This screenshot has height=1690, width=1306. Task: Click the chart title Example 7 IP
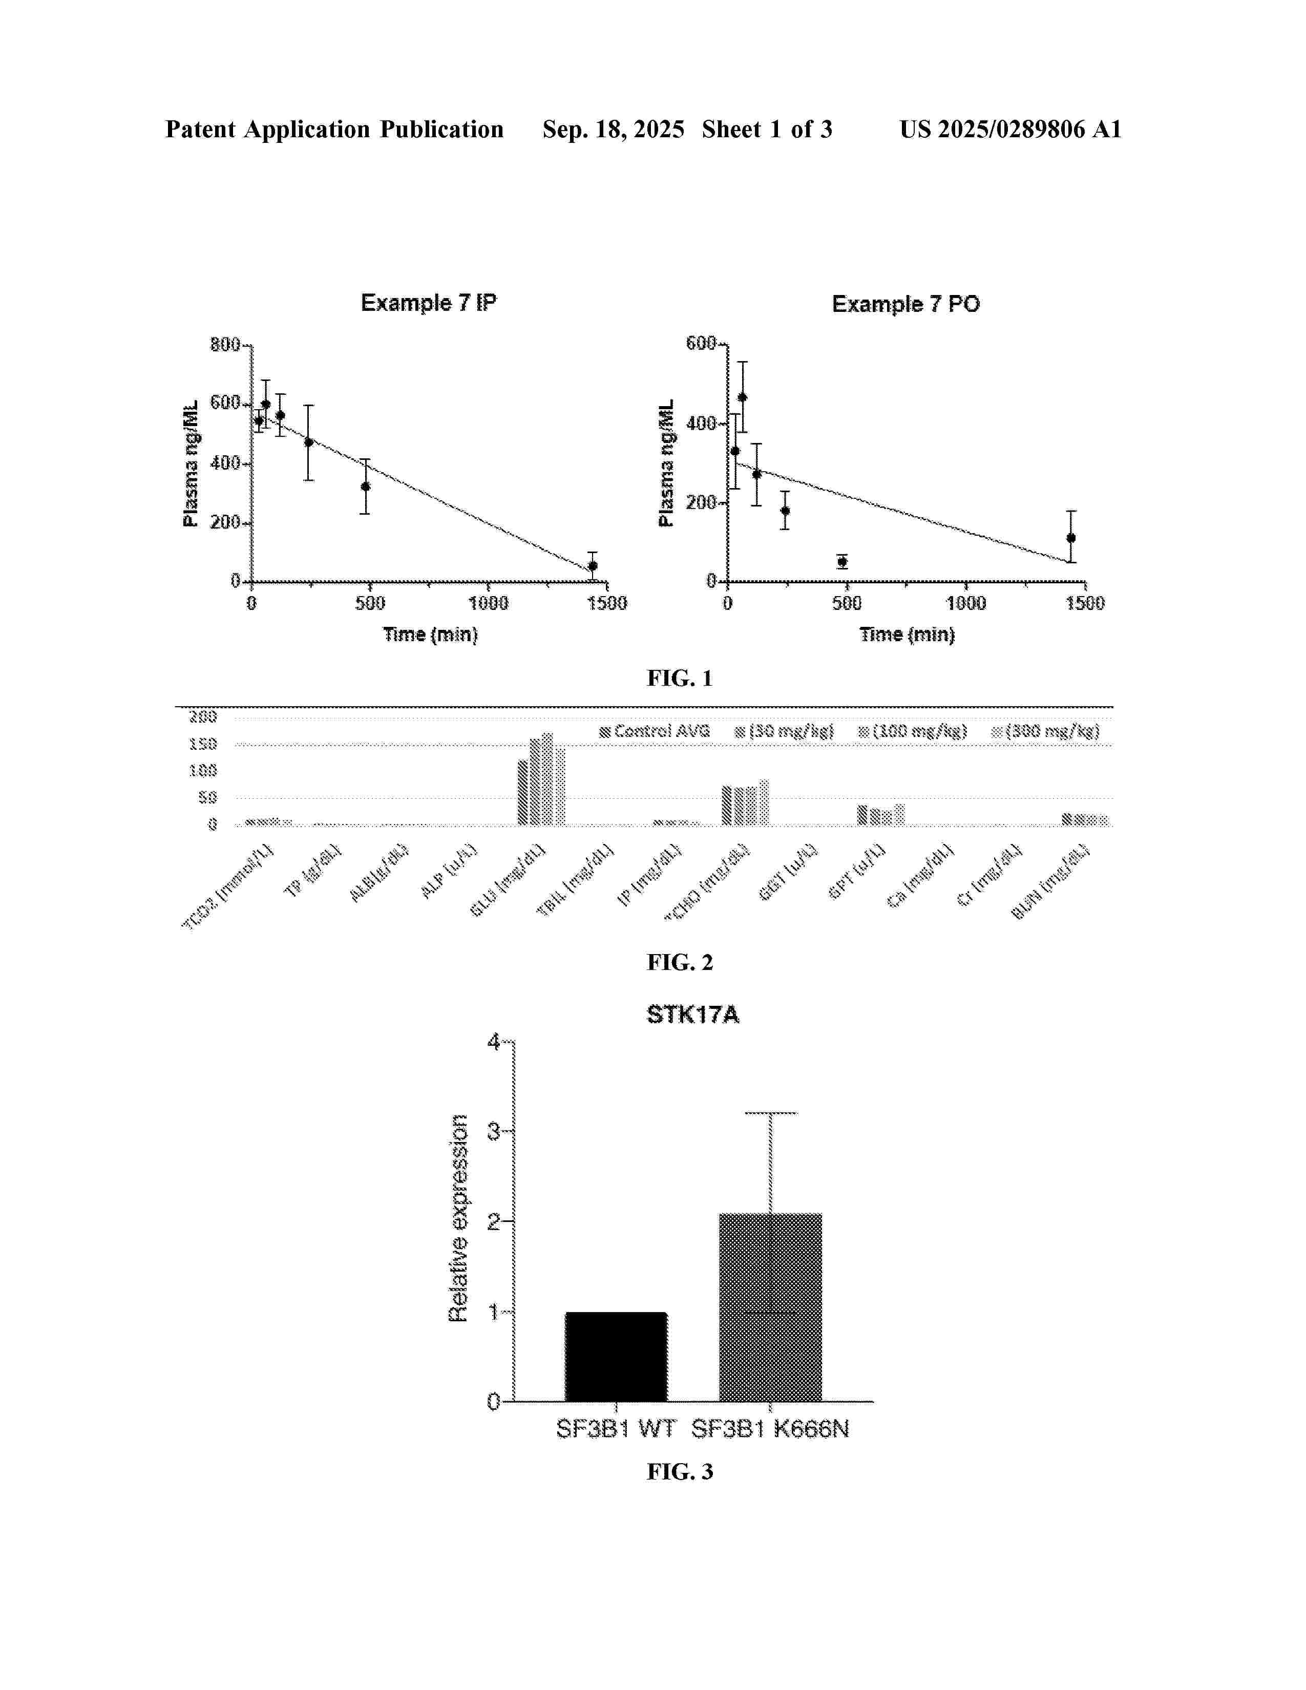tap(429, 303)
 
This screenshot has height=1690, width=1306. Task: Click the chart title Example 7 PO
tap(905, 304)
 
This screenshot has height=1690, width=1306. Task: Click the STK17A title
tap(692, 1015)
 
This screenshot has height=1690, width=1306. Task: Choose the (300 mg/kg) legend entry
tap(1045, 731)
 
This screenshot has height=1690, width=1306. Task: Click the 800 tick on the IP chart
tap(225, 344)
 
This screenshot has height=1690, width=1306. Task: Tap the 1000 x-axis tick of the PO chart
tap(965, 603)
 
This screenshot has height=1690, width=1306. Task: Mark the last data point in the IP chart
tap(593, 566)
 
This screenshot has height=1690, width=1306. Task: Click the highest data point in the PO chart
tap(742, 398)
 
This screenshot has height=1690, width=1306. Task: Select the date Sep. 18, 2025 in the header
tap(613, 129)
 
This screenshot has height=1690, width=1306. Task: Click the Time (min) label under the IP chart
tap(430, 635)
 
